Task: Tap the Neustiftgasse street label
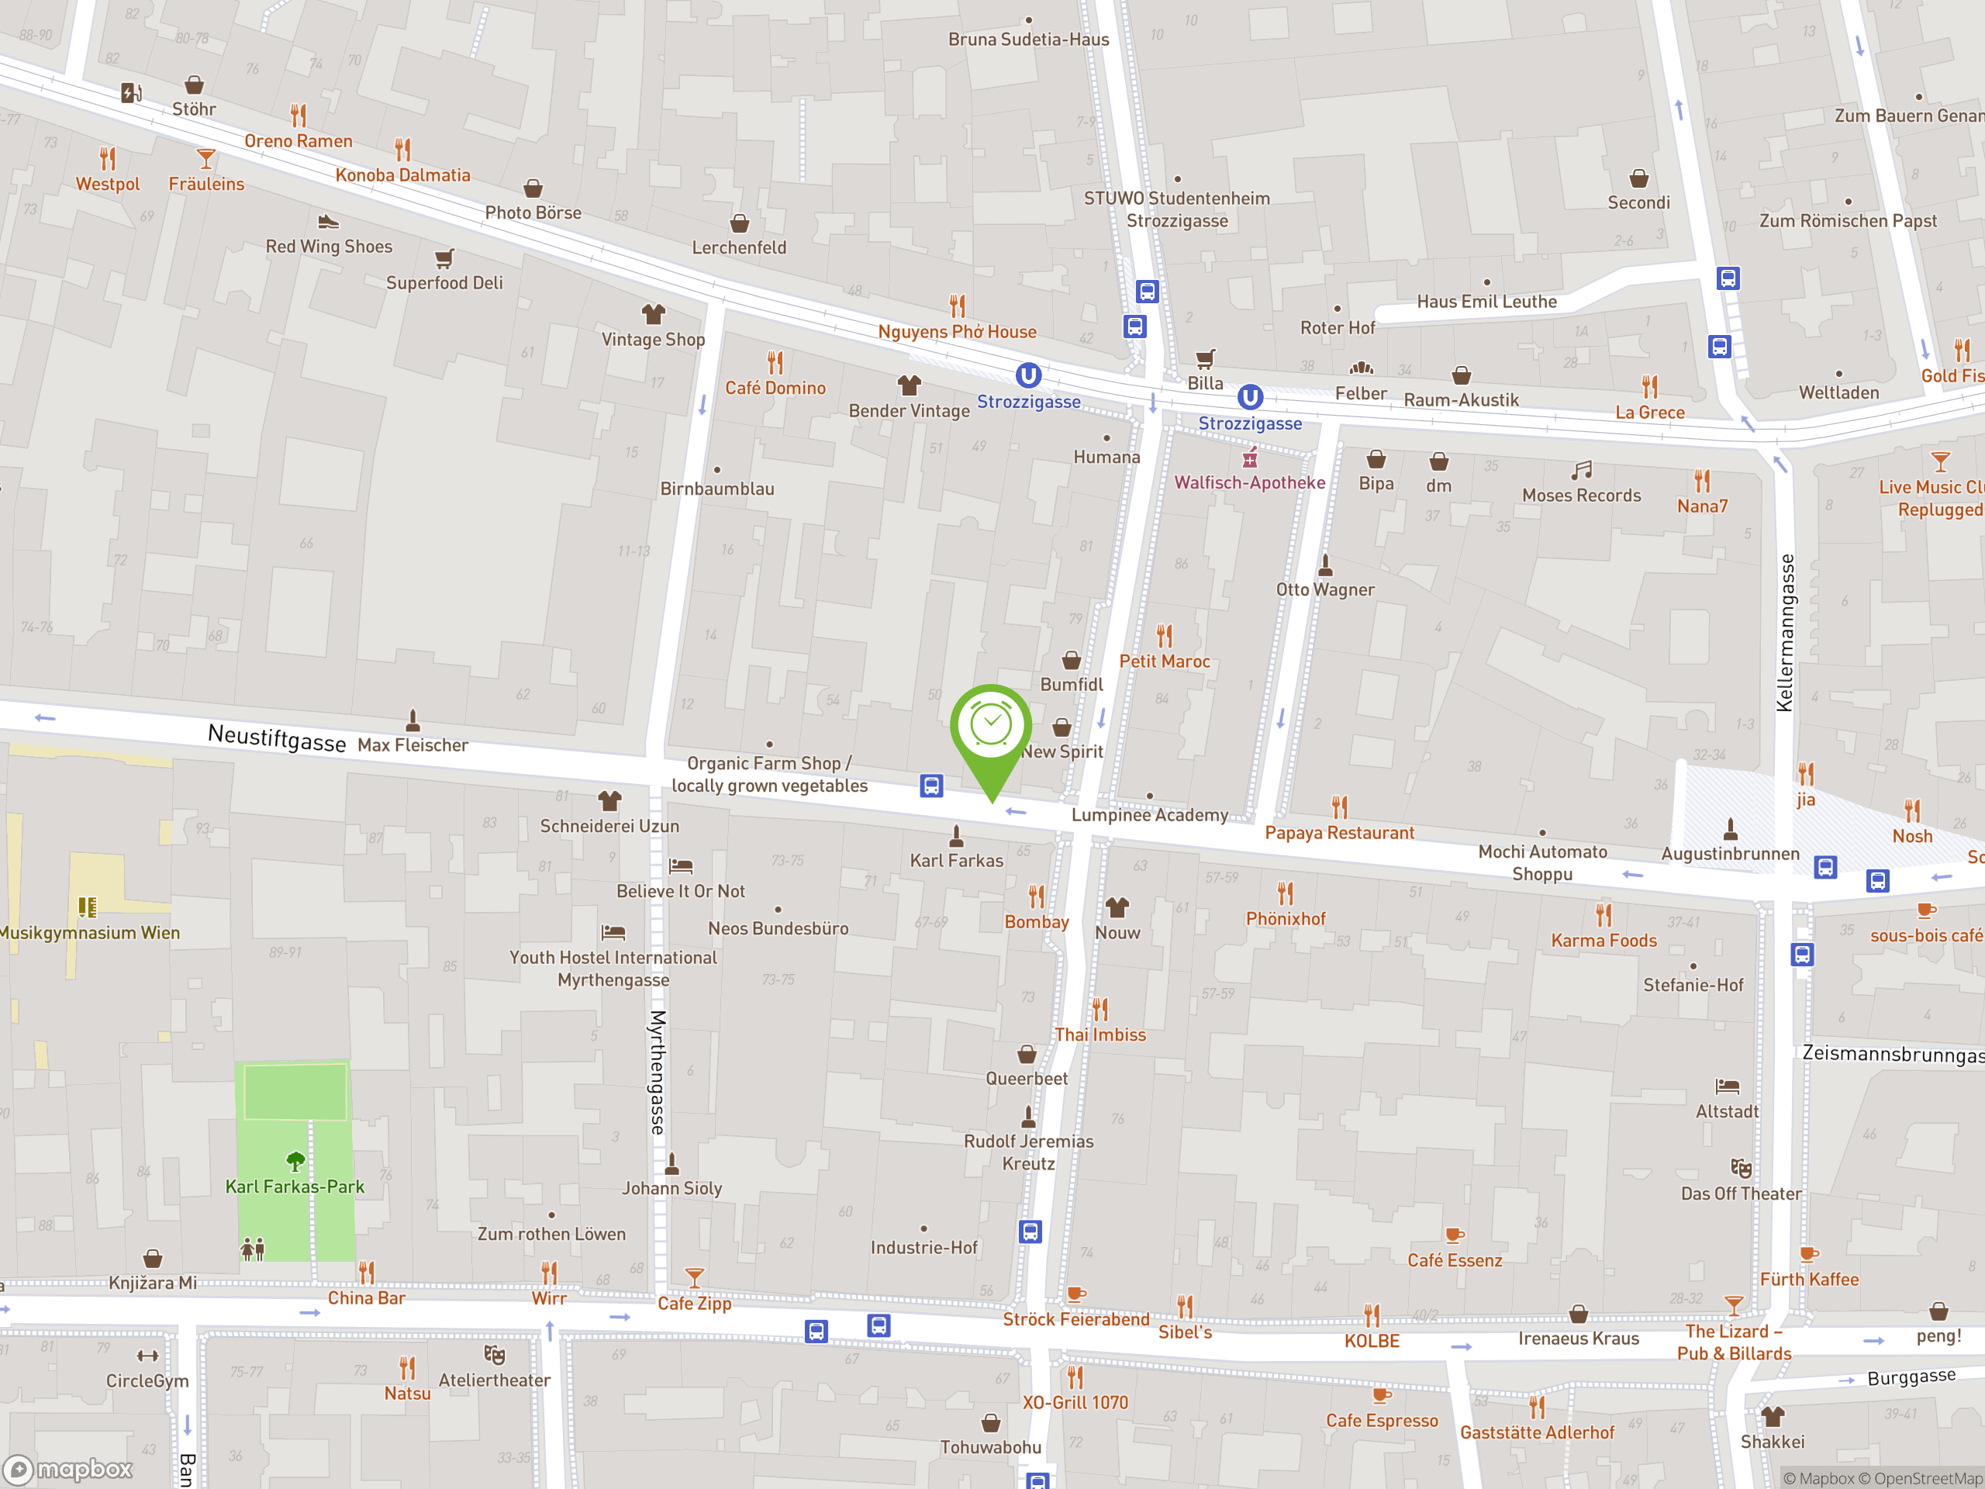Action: click(276, 738)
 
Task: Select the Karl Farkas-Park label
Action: click(295, 1187)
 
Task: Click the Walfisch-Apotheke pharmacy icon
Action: click(1249, 460)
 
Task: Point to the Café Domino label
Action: click(775, 388)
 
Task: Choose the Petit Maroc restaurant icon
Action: click(1164, 637)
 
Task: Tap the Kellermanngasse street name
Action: click(1786, 633)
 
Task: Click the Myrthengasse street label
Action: click(658, 1073)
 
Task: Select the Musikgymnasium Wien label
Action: click(89, 932)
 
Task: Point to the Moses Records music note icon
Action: click(1581, 470)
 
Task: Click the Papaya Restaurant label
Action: click(1339, 833)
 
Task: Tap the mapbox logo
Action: click(68, 1470)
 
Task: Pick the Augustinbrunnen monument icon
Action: click(1730, 828)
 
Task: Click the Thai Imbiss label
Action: click(1100, 1035)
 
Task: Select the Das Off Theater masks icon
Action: click(1741, 1168)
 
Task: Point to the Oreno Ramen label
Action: click(298, 141)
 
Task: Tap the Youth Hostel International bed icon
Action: click(613, 932)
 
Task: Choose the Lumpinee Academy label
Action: click(1150, 815)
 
